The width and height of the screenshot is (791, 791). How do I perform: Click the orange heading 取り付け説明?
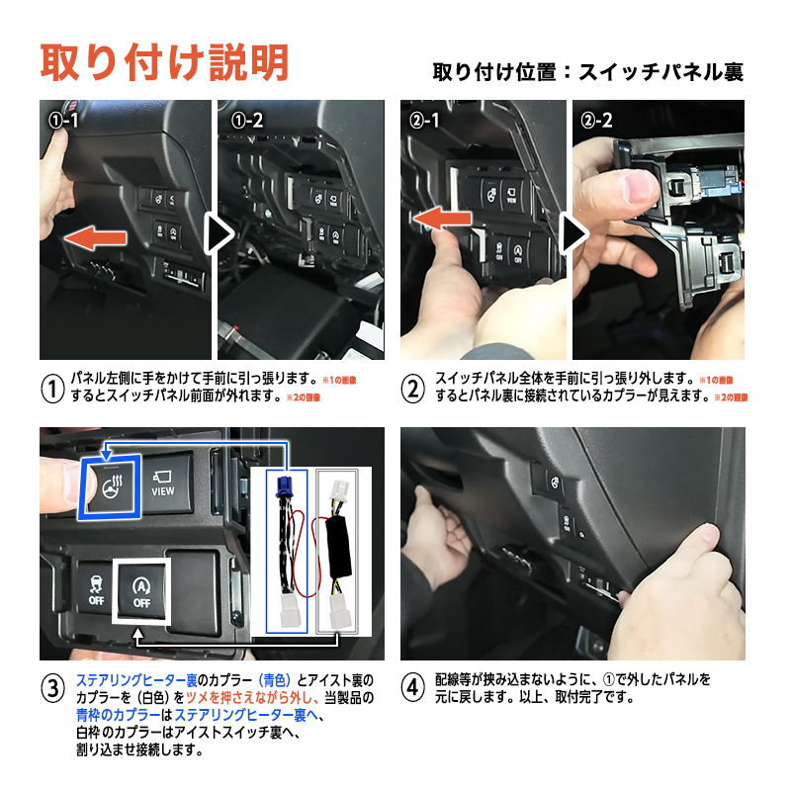click(164, 62)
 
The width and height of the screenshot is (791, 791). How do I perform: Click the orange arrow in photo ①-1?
click(95, 238)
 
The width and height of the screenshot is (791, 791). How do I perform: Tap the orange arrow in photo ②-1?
click(442, 219)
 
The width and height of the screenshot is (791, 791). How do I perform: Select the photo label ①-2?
click(246, 120)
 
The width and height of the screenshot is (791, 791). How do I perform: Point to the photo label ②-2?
click(596, 120)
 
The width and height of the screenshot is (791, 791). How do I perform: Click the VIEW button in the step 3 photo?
click(163, 483)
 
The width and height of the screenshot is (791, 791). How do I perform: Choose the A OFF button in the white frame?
click(141, 590)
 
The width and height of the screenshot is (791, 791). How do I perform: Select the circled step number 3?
click(52, 688)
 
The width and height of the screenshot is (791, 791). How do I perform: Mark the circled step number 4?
click(412, 687)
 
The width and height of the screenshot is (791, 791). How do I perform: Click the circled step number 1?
click(52, 389)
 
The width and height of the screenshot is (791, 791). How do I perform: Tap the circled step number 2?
click(412, 389)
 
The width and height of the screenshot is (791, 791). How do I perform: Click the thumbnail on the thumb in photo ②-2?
click(641, 187)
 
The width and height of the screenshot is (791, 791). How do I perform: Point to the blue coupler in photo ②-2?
click(716, 182)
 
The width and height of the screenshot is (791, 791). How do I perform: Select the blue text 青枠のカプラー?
click(119, 715)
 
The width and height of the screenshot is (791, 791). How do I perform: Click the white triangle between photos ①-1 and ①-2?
click(219, 233)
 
